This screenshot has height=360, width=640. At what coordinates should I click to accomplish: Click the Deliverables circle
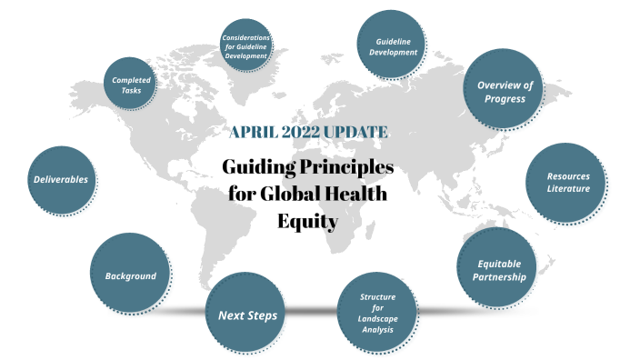pyautogui.click(x=62, y=179)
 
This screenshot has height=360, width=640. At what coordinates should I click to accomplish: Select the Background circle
pyautogui.click(x=130, y=275)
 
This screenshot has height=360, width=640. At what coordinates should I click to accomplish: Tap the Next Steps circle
pyautogui.click(x=246, y=315)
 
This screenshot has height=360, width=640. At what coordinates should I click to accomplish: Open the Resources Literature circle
pyautogui.click(x=567, y=182)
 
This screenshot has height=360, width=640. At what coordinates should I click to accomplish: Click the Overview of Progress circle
pyautogui.click(x=504, y=91)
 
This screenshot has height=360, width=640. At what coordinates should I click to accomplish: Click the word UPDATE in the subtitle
pyautogui.click(x=357, y=133)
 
